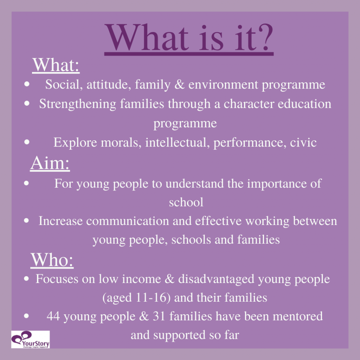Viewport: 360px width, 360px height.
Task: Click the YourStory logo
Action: click(x=30, y=339)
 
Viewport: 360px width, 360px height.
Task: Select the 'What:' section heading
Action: click(x=56, y=65)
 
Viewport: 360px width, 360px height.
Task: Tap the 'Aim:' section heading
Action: click(x=50, y=163)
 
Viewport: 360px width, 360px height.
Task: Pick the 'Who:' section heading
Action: click(x=52, y=260)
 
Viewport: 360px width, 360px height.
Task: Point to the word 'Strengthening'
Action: click(x=78, y=104)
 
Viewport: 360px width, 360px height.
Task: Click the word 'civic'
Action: click(x=303, y=143)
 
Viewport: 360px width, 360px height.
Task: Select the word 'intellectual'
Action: click(x=177, y=143)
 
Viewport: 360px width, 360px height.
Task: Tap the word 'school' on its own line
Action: click(x=186, y=202)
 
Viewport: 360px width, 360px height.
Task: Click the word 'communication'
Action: click(x=127, y=221)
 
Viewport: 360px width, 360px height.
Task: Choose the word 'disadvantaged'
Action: click(x=216, y=279)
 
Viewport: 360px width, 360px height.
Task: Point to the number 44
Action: click(x=53, y=316)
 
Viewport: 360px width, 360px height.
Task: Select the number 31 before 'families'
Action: click(x=159, y=316)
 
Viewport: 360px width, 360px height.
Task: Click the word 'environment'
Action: click(x=223, y=85)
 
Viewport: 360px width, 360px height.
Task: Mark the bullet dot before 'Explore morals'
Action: click(x=27, y=142)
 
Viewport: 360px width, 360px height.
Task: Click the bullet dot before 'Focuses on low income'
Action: click(x=26, y=279)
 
